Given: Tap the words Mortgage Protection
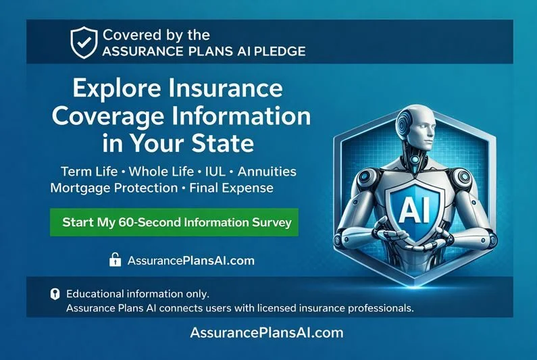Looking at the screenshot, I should (x=113, y=188).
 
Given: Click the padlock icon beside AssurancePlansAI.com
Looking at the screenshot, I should (x=115, y=259).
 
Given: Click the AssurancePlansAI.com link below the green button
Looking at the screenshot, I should (x=190, y=260).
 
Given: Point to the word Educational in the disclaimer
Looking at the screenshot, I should (x=99, y=294).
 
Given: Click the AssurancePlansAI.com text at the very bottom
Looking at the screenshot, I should (x=267, y=333).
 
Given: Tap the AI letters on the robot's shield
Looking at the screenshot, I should (x=411, y=210).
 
